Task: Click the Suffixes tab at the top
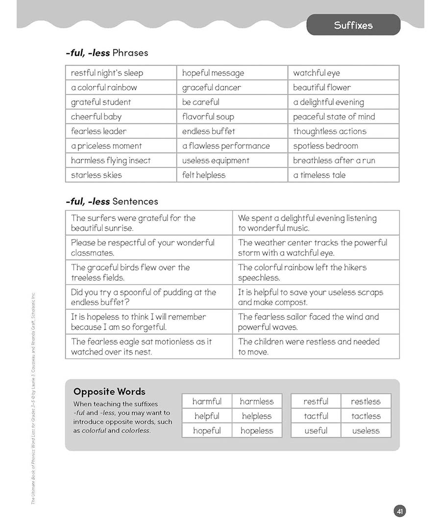(353, 25)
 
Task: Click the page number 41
(400, 511)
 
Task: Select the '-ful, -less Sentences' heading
(112, 201)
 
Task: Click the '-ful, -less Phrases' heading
(107, 53)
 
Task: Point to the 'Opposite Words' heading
(109, 392)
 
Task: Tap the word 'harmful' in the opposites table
(207, 402)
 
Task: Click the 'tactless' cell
(366, 416)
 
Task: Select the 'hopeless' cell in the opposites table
(257, 431)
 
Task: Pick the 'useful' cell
(316, 431)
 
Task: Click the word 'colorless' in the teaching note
(135, 431)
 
